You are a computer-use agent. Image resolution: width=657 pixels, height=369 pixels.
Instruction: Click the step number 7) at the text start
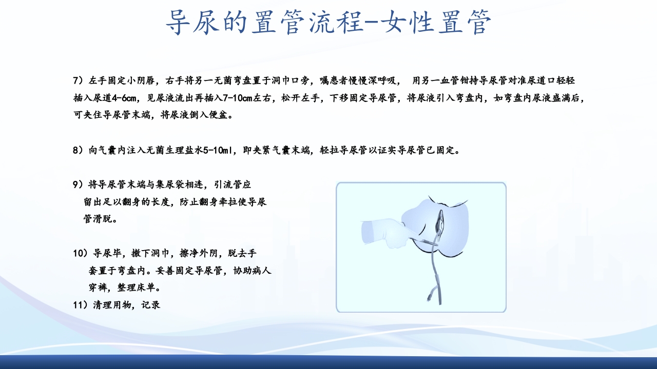point(78,80)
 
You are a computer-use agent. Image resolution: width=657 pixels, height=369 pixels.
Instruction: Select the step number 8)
point(78,150)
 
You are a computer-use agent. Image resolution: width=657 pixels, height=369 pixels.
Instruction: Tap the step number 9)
point(78,185)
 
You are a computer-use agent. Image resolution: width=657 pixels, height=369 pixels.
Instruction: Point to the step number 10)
point(81,253)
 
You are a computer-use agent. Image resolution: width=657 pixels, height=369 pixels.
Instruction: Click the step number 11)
point(81,305)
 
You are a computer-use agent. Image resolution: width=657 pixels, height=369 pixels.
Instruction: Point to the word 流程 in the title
point(318,23)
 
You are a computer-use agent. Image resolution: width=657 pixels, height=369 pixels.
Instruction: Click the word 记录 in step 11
point(150,305)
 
